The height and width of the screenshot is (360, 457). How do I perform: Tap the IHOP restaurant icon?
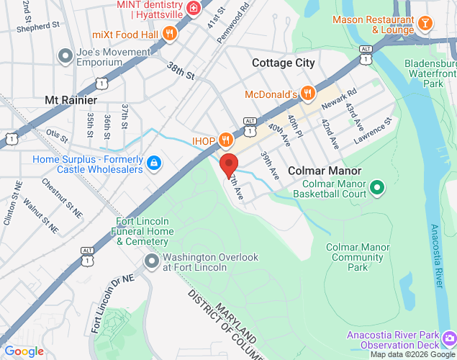click(225, 140)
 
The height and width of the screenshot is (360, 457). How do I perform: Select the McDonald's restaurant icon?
click(307, 94)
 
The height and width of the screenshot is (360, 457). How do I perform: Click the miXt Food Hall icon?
click(170, 33)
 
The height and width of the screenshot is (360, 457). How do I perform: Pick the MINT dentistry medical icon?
click(193, 9)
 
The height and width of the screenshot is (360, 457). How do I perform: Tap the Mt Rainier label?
click(67, 99)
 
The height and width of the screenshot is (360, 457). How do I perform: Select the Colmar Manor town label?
click(325, 171)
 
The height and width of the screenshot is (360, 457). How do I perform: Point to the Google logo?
click(24, 351)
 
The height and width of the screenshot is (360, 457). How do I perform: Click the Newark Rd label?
click(340, 100)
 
